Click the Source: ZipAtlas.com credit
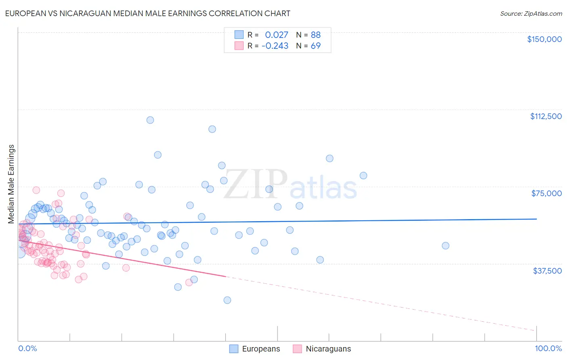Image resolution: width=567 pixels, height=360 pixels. pyautogui.click(x=531, y=13)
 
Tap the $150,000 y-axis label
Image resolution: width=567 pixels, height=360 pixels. pyautogui.click(x=544, y=39)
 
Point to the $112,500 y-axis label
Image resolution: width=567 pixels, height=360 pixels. pyautogui.click(x=546, y=116)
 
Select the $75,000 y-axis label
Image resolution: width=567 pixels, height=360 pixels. pyautogui.click(x=546, y=193)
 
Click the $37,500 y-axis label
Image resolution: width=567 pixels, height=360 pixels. pyautogui.click(x=547, y=271)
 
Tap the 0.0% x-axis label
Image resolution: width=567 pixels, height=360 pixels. pyautogui.click(x=27, y=349)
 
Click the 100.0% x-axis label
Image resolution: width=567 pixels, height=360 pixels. pyautogui.click(x=548, y=349)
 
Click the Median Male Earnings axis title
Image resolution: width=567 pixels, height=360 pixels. pyautogui.click(x=11, y=184)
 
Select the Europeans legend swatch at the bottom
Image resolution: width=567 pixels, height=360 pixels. pyautogui.click(x=234, y=349)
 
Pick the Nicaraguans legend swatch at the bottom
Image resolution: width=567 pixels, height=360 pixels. pyautogui.click(x=298, y=349)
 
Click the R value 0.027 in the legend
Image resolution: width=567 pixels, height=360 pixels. pyautogui.click(x=276, y=35)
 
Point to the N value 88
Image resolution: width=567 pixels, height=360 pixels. pyautogui.click(x=315, y=35)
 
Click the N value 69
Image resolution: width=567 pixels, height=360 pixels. pyautogui.click(x=315, y=46)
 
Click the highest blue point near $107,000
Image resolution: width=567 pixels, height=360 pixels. pyautogui.click(x=150, y=120)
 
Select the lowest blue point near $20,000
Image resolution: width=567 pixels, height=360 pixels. pyautogui.click(x=227, y=300)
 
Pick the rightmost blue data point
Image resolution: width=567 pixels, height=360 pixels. pyautogui.click(x=445, y=245)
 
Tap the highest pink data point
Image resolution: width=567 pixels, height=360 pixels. pyautogui.click(x=36, y=190)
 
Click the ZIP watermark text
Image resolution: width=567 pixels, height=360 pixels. pyautogui.click(x=255, y=185)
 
